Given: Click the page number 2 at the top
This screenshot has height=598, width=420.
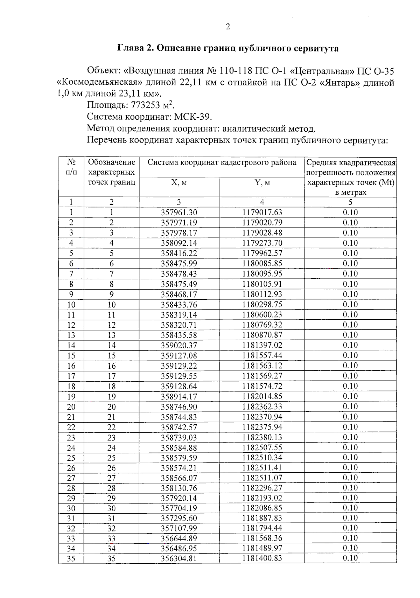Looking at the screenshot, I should [228, 27].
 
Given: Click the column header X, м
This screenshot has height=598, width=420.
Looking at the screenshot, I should [179, 183].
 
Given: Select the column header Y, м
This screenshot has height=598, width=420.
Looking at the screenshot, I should [262, 183].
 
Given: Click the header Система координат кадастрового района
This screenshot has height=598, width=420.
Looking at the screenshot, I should [222, 162].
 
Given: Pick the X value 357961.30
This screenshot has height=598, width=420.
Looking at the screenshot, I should [179, 213].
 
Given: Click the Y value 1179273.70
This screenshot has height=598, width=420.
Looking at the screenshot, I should [262, 243].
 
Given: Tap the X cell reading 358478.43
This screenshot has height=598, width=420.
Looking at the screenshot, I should [179, 274].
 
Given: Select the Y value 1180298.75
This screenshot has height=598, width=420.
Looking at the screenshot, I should [262, 305].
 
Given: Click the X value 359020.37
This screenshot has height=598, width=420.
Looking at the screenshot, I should [179, 345].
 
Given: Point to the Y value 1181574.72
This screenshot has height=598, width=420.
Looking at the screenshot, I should [262, 386].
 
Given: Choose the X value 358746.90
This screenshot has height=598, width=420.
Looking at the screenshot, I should [179, 407].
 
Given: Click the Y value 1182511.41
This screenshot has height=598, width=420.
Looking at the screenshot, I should [262, 468].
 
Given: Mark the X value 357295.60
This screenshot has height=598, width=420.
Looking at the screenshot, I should [179, 518].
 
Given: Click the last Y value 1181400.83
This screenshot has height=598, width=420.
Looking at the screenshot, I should [262, 558].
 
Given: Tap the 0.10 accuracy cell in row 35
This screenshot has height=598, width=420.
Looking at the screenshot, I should [350, 558].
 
